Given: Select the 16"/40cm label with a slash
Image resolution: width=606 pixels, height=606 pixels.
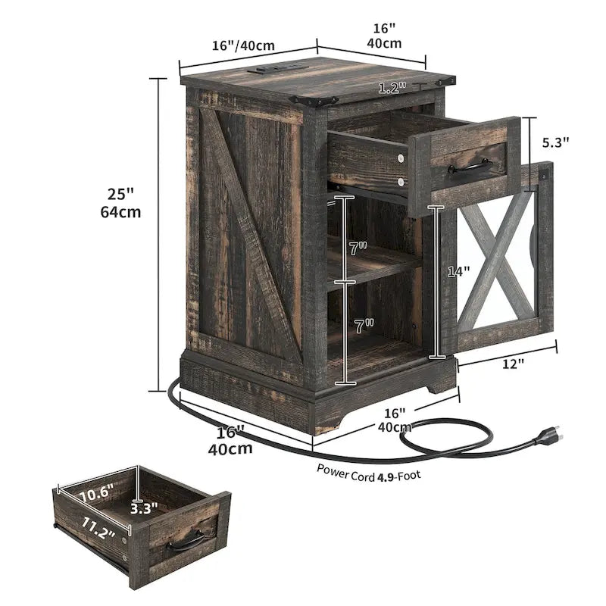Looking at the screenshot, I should (x=242, y=45).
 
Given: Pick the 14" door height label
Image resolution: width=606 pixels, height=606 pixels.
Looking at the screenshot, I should (x=458, y=270).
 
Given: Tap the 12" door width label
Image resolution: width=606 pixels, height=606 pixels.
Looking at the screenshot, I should (x=513, y=364).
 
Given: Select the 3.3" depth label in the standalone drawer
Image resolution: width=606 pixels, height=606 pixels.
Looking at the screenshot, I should (x=144, y=509).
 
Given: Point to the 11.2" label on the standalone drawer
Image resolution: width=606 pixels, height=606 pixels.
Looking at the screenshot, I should (x=98, y=528).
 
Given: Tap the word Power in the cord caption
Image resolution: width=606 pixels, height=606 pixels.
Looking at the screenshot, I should (x=333, y=470).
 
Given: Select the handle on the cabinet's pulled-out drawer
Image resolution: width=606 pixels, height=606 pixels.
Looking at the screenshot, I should (x=469, y=164).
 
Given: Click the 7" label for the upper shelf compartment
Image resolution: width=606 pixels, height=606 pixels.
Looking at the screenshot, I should (x=358, y=248).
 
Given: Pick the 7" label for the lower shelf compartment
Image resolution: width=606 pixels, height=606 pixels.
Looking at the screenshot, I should (x=364, y=326).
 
